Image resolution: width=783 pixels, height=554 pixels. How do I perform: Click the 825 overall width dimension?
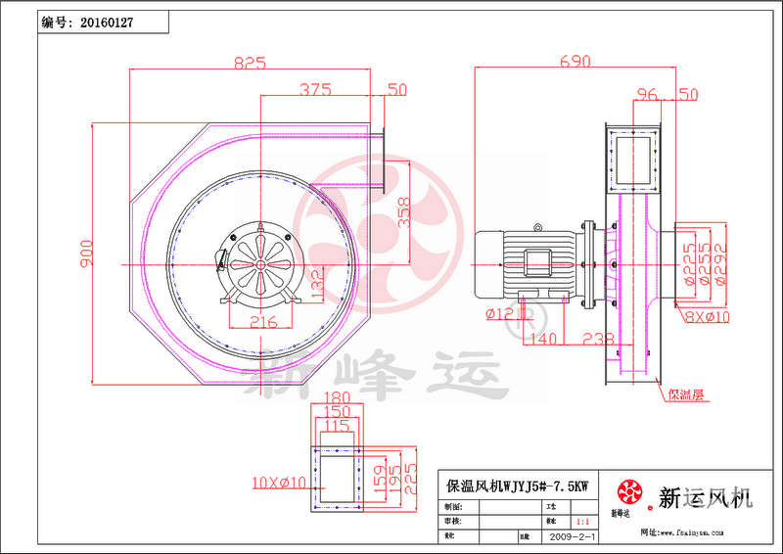(250, 63)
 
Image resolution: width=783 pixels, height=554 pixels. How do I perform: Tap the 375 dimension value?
(315, 90)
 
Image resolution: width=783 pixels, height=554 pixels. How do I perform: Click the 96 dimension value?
(646, 95)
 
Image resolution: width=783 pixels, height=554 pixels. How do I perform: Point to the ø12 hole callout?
(499, 313)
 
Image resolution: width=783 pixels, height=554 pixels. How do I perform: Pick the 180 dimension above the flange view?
(336, 397)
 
